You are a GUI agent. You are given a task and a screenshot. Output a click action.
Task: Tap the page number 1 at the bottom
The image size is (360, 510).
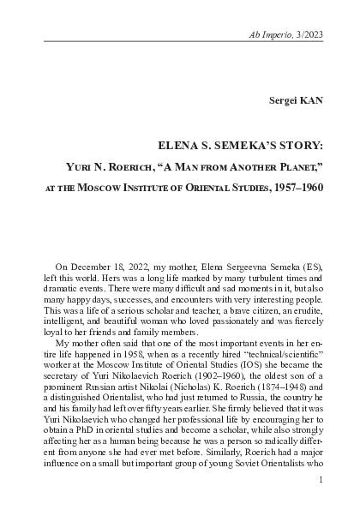click(319, 482)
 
